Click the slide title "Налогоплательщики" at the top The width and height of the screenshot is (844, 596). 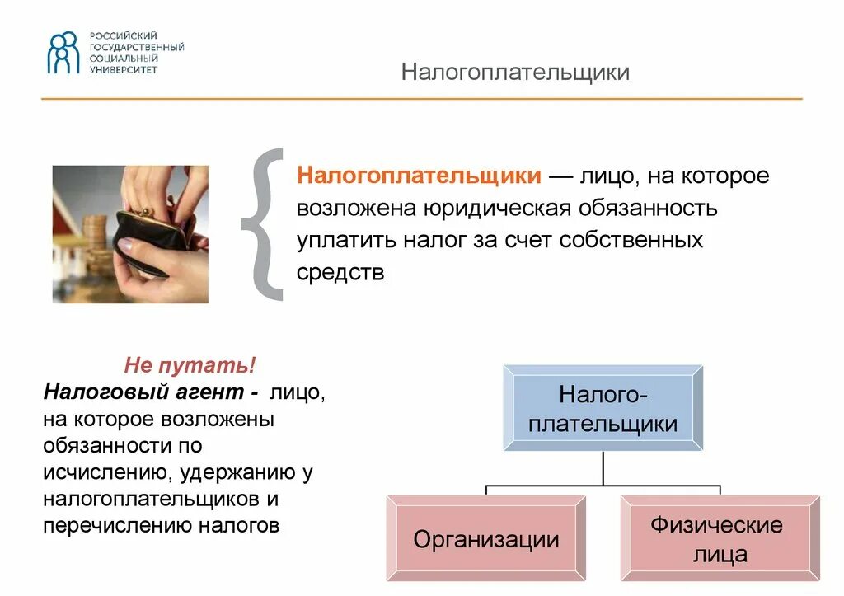point(515,73)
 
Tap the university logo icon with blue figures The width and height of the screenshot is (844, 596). point(63,53)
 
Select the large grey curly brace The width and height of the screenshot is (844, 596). point(263,224)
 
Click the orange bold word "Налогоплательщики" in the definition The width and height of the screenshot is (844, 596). point(419,176)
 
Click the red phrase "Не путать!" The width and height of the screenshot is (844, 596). point(190,364)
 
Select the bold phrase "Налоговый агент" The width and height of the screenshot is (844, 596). point(145,390)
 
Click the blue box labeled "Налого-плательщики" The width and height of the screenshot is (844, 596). point(603,409)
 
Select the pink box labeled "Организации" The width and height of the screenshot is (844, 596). point(486,540)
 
